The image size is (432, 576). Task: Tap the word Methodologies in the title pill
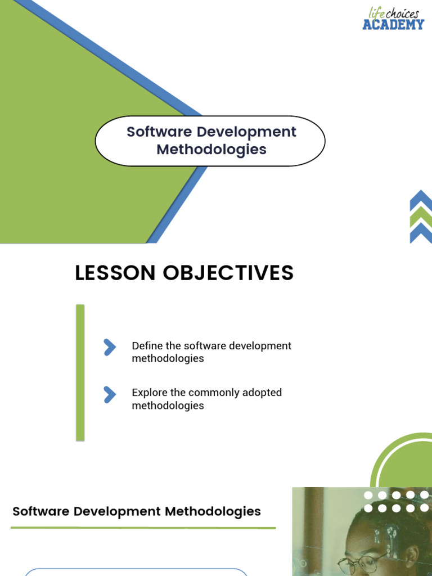point(211,150)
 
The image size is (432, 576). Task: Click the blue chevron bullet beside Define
point(110,348)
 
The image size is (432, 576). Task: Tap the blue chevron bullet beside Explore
point(110,395)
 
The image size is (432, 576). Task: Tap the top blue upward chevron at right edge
point(421,199)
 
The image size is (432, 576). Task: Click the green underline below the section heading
point(143,528)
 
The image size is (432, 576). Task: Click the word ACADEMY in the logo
point(393,24)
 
